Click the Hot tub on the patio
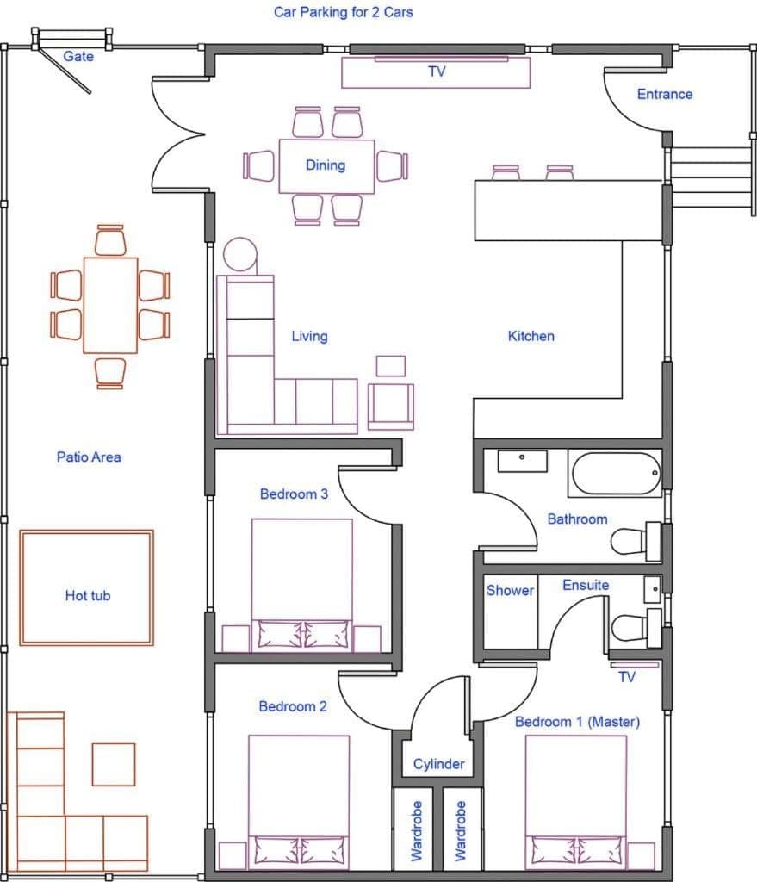(86, 587)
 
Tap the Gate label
(78, 57)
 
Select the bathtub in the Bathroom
(615, 474)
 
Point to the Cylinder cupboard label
(438, 764)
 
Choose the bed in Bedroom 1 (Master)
(575, 801)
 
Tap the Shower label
(510, 591)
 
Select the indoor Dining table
(326, 165)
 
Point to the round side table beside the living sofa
(239, 256)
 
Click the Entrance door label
(664, 94)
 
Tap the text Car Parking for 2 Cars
(343, 12)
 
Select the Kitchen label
(531, 336)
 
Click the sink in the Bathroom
(522, 460)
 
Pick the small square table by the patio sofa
(114, 764)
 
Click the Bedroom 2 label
(293, 706)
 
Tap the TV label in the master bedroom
(627, 677)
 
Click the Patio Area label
(89, 457)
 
